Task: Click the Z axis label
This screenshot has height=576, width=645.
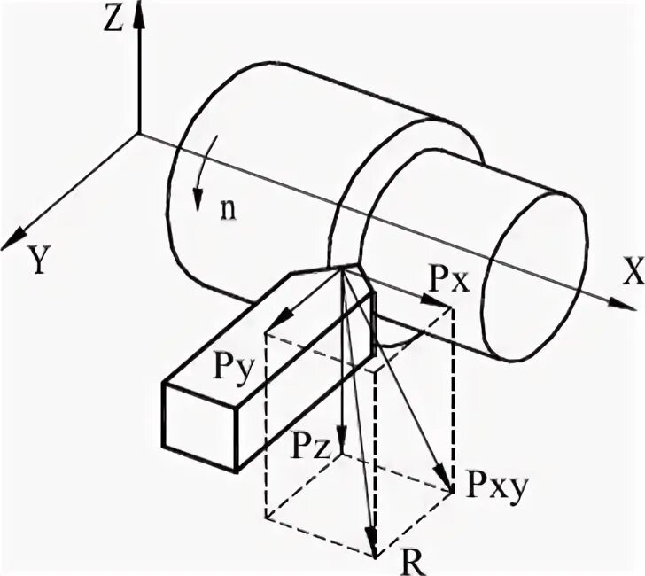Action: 112,19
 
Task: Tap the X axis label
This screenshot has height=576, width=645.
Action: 632,275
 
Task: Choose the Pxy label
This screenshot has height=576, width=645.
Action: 486,485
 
